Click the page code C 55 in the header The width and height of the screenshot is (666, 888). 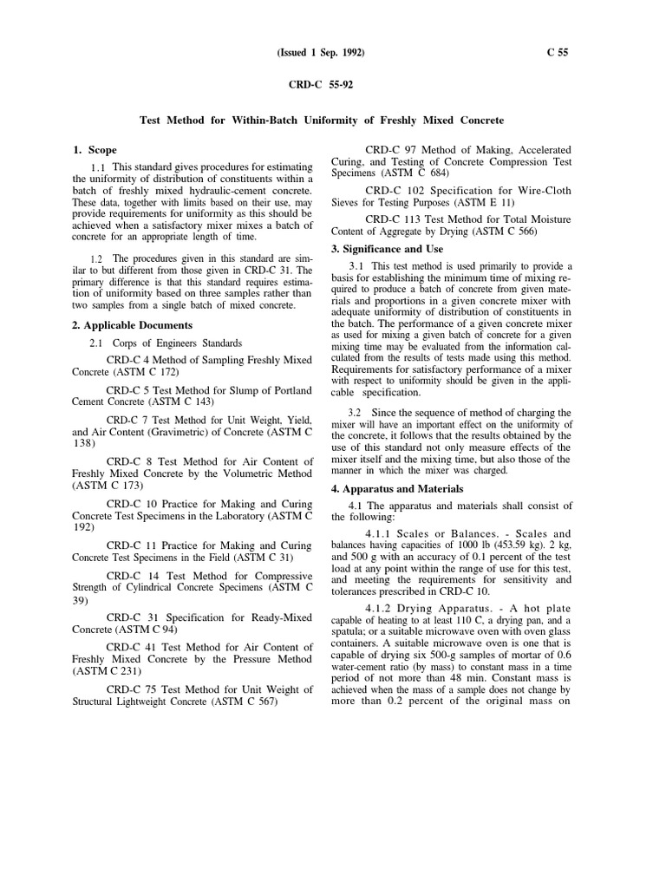coord(558,53)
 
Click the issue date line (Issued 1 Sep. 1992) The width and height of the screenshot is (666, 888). coord(321,53)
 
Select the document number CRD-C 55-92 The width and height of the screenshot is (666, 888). coord(321,86)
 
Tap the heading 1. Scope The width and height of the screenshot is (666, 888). coord(95,150)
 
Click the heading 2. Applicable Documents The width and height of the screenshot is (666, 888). coord(132,325)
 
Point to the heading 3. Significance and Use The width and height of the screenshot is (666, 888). coord(387,249)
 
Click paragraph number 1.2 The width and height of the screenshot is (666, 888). coord(95,258)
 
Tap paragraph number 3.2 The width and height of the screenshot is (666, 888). coord(355,412)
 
